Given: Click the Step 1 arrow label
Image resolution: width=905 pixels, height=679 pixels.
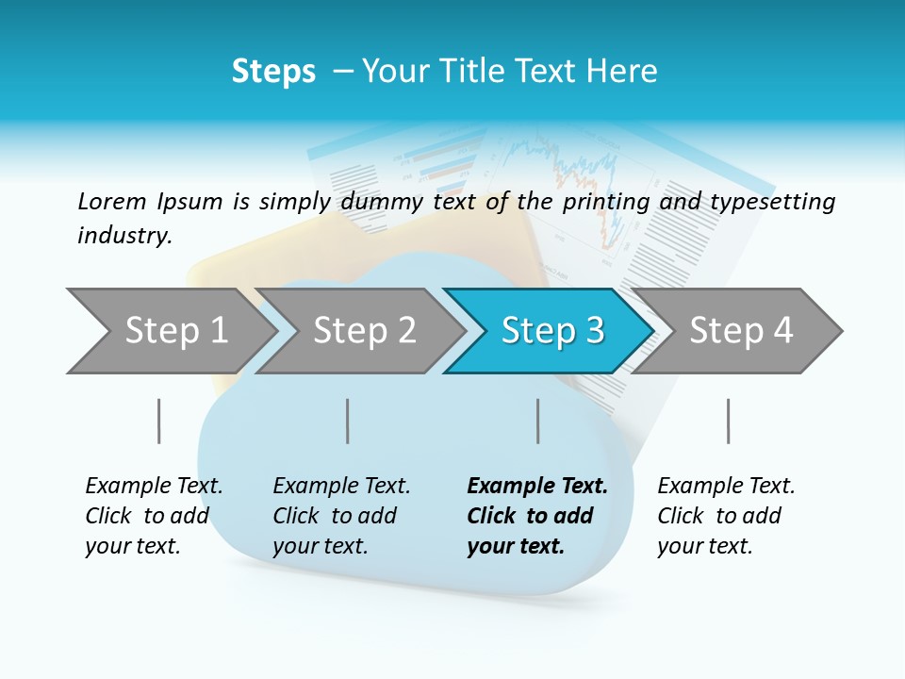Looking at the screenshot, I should tap(176, 331).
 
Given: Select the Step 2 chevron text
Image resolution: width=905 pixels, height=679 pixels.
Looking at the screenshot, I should tap(365, 331).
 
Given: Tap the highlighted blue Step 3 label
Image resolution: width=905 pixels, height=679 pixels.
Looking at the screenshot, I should tap(553, 331).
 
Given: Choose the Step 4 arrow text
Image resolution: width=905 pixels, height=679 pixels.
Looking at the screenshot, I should tap(741, 331).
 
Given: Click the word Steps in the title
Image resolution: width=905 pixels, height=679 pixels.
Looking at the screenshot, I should tap(273, 72).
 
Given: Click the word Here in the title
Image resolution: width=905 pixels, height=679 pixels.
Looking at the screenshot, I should tap(622, 72).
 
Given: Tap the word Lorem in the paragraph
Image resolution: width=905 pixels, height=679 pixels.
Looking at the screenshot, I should tap(112, 201).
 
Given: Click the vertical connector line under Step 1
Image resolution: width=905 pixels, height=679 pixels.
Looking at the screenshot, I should tap(158, 421).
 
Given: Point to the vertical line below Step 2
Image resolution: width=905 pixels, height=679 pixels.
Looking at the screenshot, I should tap(348, 421).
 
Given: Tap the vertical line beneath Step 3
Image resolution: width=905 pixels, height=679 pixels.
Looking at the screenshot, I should tap(537, 421).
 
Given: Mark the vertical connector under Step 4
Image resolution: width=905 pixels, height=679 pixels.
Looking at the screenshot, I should tap(728, 421).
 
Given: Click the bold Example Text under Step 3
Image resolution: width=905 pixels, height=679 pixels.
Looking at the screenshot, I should tap(537, 487).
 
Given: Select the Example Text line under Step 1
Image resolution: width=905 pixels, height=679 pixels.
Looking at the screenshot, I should tap(154, 487).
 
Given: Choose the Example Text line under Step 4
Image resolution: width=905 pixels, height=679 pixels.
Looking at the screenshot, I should tap(726, 487).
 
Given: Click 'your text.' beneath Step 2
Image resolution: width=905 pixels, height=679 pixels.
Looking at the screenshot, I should tap(321, 546).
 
